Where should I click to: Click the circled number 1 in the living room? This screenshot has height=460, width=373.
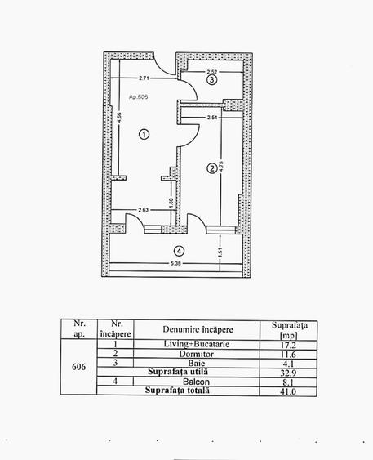[x=144, y=135]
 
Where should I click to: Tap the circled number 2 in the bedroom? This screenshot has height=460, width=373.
[x=212, y=168]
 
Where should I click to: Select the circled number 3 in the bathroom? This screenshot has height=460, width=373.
[x=212, y=79]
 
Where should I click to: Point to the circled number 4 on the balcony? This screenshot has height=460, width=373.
[x=179, y=251]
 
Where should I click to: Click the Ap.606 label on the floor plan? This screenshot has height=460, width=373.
[x=138, y=96]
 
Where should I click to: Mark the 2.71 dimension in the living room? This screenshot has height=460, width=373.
[x=144, y=78]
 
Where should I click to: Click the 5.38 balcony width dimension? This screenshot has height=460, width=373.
[x=175, y=263]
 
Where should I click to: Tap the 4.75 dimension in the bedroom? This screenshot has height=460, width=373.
[x=221, y=166]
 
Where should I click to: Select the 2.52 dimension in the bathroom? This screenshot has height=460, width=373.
[x=212, y=72]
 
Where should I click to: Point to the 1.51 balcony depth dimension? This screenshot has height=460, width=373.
[x=220, y=252]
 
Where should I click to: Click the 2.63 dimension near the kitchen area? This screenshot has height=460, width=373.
[x=144, y=210]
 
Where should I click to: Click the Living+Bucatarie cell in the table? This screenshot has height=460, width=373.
[x=197, y=344]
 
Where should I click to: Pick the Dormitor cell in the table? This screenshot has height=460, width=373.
[x=197, y=354]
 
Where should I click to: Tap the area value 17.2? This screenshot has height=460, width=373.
[x=288, y=345]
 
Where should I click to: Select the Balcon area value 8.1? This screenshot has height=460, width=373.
[x=288, y=382]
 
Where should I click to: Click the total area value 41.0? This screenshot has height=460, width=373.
[x=288, y=391]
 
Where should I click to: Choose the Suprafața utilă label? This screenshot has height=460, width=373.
[x=178, y=372]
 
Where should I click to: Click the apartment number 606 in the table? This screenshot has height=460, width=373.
[x=79, y=367]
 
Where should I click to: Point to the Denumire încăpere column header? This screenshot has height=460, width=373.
[x=198, y=329]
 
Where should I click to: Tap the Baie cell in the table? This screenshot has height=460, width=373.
[x=197, y=364]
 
